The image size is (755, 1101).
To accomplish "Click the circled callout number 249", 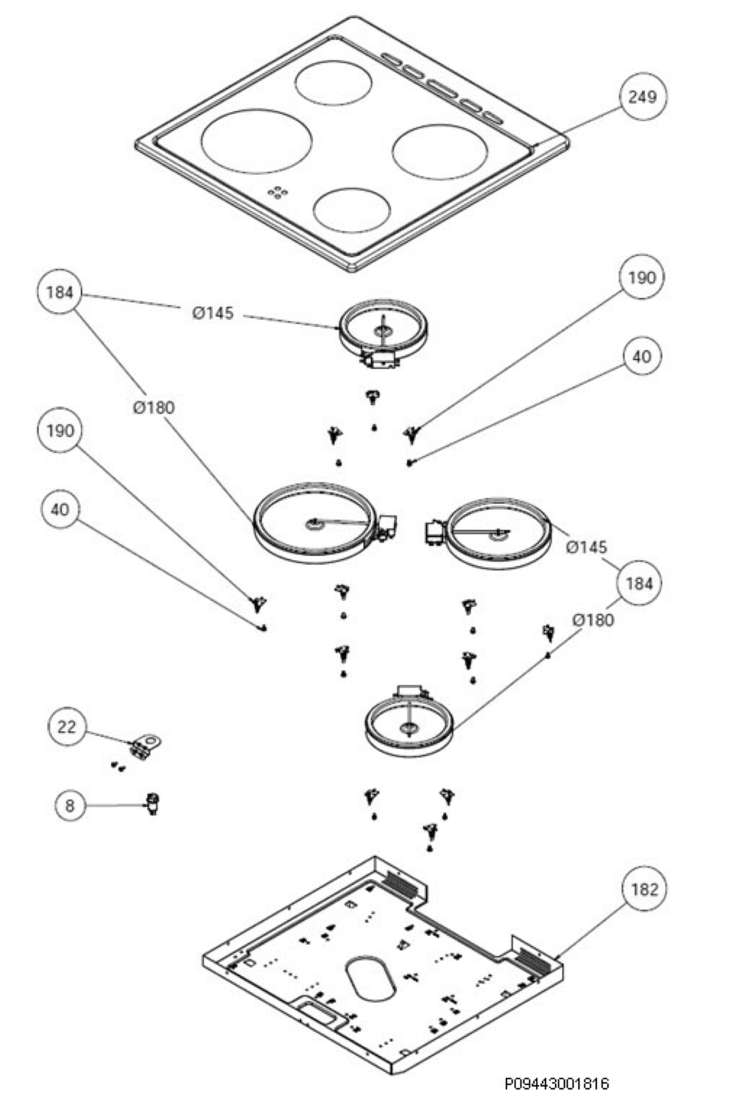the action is [x=643, y=97].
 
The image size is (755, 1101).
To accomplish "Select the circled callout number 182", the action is [x=644, y=890].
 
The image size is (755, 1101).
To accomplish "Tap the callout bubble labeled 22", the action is [x=67, y=727].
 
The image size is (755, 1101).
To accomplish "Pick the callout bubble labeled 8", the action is [x=70, y=806].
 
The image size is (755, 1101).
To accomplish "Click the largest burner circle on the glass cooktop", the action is [x=257, y=141].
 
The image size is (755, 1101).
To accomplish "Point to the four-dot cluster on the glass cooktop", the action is [x=278, y=191].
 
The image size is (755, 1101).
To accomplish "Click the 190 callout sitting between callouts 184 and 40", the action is [x=60, y=431].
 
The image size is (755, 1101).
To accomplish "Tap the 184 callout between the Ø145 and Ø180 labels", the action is [x=639, y=583].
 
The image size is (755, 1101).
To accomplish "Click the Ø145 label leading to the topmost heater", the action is [x=213, y=313].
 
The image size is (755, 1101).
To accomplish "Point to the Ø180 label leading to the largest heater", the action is [x=154, y=407].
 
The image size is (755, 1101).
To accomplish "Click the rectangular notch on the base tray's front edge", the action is [x=319, y=1012].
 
